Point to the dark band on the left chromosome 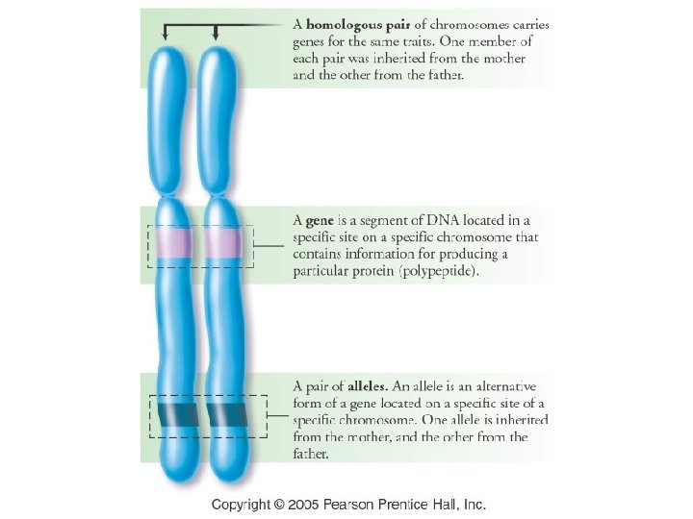174,414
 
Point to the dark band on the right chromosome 225,414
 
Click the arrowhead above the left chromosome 167,37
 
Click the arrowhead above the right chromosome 215,37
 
